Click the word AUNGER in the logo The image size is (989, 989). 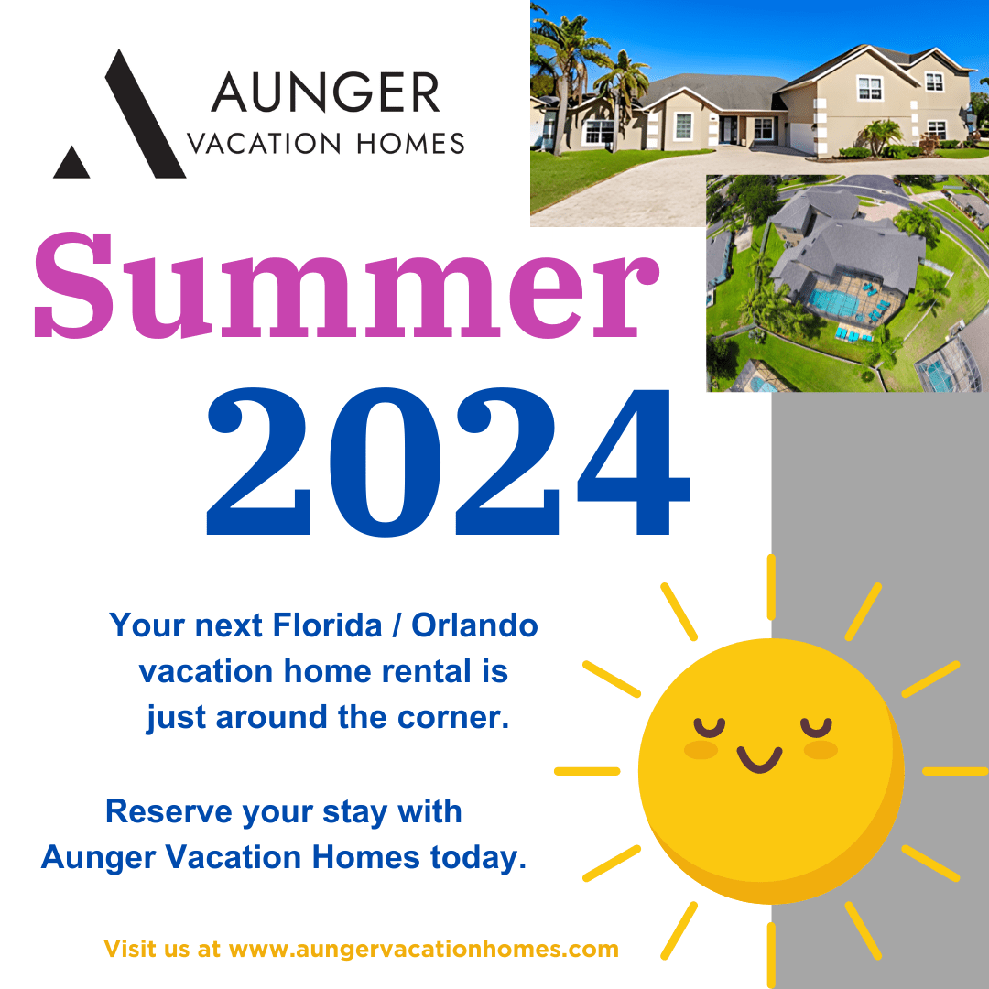(x=325, y=94)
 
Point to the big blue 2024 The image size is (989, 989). (x=447, y=462)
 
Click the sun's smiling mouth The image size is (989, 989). (x=760, y=759)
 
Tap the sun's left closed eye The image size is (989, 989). (x=708, y=728)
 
